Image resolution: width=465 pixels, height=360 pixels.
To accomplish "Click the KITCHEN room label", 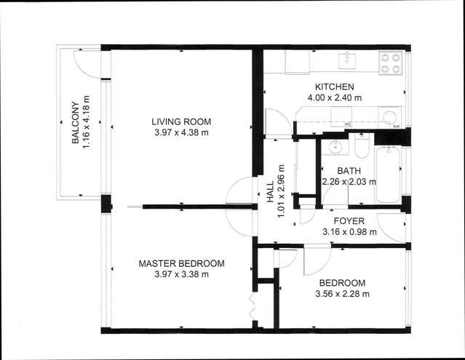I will tap(335, 87).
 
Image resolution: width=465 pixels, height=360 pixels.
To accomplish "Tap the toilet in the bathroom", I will tap(361, 148).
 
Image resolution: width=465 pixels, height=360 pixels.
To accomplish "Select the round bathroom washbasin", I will tap(335, 147).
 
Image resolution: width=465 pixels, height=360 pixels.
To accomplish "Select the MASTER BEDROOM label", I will tap(181, 263).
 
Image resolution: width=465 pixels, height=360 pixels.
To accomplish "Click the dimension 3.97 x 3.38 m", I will tap(181, 274).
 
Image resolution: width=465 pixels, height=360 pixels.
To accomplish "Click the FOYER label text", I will tap(349, 221).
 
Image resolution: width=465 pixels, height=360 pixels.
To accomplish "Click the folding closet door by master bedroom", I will tap(253, 307).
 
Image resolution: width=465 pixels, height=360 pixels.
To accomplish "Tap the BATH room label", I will tap(349, 171).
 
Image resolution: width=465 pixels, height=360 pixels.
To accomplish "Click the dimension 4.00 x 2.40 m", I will tap(335, 97).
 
